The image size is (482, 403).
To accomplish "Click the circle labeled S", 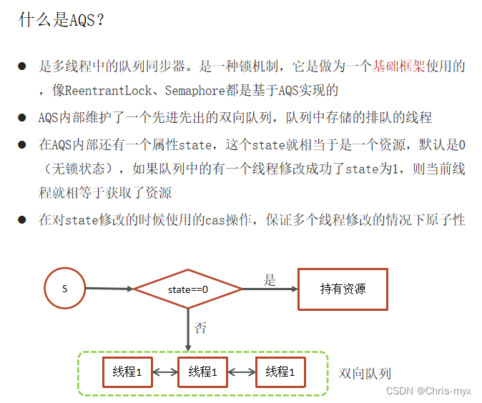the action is pos(64,289).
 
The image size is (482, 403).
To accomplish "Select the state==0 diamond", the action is pos(187,289).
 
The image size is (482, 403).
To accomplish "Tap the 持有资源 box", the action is pos(343,289).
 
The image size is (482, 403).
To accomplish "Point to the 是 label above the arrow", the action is pos(269,280).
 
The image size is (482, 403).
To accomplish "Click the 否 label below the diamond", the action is pos(201,328).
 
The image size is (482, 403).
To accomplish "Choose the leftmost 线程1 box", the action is pos(127,372).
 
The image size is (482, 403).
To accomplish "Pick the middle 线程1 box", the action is pos(204,372).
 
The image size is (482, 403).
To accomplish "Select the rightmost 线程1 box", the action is pos(280,372).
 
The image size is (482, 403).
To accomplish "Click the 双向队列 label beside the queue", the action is pos(365,374).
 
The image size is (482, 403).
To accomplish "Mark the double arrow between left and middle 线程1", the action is pos(165,372).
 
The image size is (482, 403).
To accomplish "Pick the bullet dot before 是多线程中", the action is pos(22,67).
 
